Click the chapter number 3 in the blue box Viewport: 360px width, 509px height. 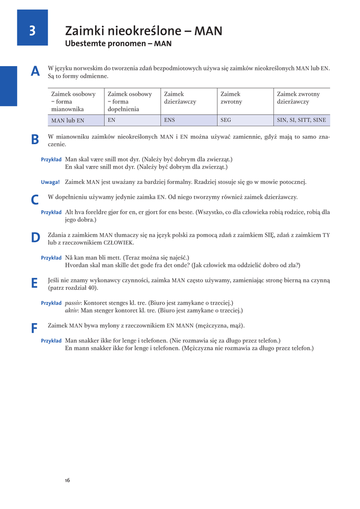coord(32,31)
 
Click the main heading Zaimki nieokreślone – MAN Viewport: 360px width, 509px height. coord(144,31)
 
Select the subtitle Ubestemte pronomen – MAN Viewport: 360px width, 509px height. coord(118,44)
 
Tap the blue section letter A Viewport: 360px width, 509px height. coord(35,72)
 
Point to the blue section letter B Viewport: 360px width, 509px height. coord(35,140)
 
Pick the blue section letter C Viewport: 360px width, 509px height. coord(35,200)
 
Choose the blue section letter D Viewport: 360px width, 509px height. coord(35,238)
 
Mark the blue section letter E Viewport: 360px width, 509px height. coord(34,283)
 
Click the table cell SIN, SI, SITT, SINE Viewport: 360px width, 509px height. coord(301,120)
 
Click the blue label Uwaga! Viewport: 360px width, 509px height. coord(50,182)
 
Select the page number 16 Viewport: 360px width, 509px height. coord(68,480)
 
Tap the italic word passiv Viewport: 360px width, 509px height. coord(74,302)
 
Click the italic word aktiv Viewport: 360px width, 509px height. coord(72,310)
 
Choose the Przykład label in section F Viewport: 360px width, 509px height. coord(51,341)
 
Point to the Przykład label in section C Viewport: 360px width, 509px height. coord(51,212)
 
